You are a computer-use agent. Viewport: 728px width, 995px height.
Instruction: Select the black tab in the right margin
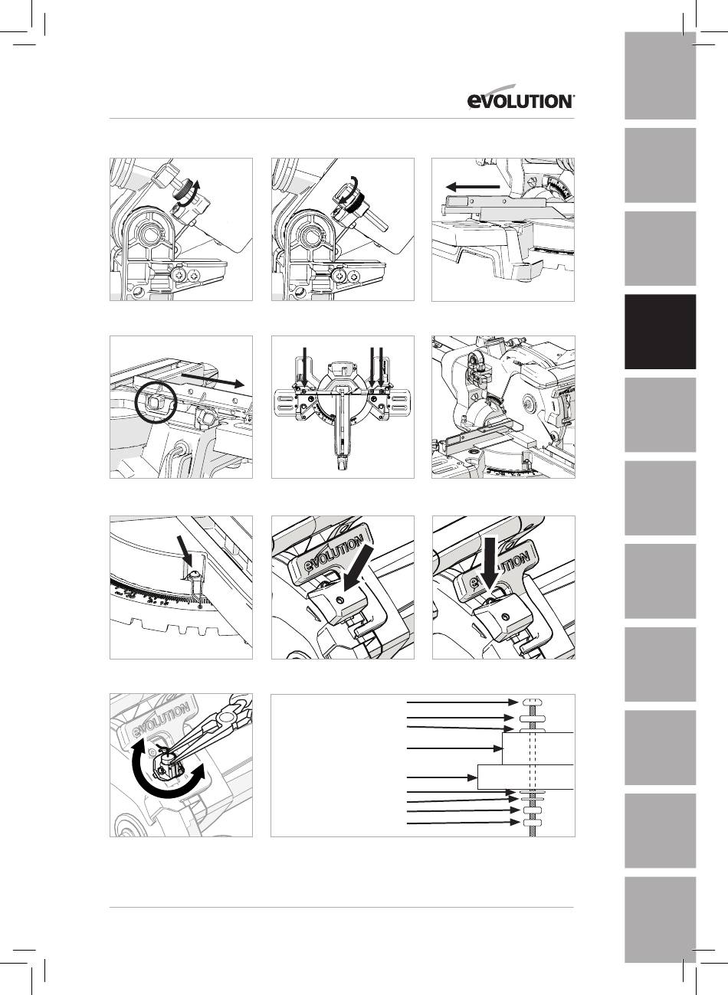pyautogui.click(x=660, y=332)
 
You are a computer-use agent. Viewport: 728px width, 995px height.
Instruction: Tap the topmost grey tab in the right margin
pyautogui.click(x=660, y=76)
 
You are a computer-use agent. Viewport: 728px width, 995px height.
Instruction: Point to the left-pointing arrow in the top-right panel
pyautogui.click(x=473, y=187)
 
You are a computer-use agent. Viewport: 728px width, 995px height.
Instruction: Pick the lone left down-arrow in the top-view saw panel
pyautogui.click(x=304, y=366)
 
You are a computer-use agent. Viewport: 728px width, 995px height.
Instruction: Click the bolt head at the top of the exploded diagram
pyautogui.click(x=532, y=702)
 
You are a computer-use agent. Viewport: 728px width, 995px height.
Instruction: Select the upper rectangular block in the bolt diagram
pyautogui.click(x=538, y=748)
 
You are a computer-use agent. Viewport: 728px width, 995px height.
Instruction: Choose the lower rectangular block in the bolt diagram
pyautogui.click(x=526, y=777)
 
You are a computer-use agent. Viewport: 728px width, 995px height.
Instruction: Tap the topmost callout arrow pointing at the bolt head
pyautogui.click(x=462, y=702)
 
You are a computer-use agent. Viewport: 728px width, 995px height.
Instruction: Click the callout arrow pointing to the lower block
pyautogui.click(x=441, y=777)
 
